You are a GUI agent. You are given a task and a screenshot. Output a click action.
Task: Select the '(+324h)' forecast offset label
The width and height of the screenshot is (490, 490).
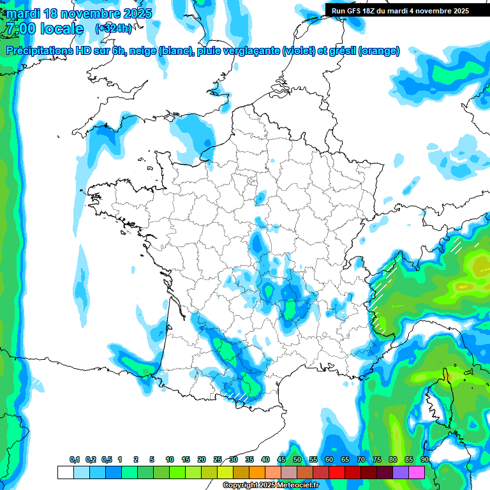114,29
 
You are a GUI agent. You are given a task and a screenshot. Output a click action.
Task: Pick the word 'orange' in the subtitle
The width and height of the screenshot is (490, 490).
379,51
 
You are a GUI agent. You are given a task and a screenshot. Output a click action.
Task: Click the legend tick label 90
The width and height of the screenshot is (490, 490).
424,459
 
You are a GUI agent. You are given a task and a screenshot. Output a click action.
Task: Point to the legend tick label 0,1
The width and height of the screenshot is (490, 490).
75,459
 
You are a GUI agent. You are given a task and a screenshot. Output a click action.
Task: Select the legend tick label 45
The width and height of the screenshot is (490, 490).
281,459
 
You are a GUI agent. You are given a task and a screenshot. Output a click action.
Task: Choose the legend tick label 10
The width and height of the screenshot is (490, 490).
170,459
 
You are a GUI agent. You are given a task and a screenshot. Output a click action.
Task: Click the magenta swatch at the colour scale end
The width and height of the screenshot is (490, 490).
417,472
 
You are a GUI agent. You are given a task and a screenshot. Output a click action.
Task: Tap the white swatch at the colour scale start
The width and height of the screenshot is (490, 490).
65,472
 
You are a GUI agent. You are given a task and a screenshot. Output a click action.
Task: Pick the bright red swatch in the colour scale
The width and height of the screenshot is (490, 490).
337,472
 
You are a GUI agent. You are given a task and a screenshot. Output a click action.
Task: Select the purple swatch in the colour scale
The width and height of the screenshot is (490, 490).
401,472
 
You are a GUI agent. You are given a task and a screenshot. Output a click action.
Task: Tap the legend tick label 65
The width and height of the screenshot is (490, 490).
345,459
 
